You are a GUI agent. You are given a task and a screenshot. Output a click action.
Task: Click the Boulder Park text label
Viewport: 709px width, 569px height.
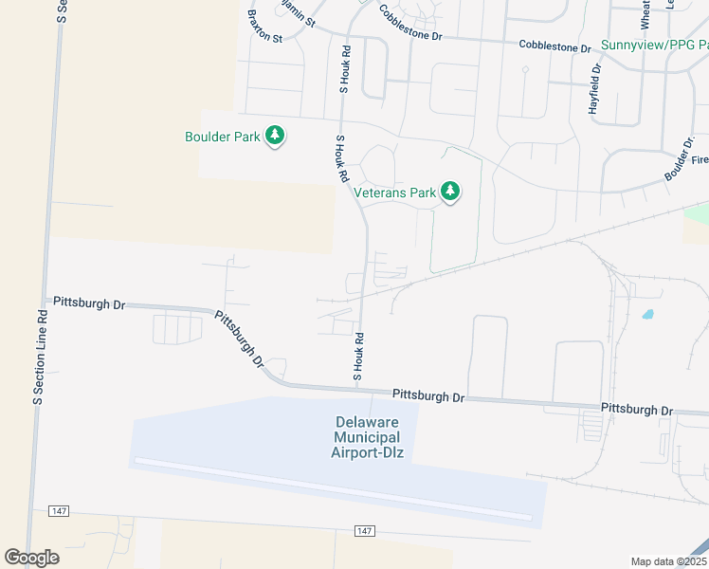click(222, 137)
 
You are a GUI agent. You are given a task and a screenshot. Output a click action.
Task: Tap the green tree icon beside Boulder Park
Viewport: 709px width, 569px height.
click(275, 137)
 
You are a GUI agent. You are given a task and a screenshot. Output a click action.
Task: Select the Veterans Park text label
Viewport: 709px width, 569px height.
click(394, 193)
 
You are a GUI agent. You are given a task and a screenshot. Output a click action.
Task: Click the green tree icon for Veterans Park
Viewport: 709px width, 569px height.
click(451, 193)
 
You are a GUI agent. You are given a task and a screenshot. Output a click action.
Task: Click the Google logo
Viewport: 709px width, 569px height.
click(31, 558)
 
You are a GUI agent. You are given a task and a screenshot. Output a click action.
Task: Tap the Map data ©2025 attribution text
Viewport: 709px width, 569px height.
click(668, 561)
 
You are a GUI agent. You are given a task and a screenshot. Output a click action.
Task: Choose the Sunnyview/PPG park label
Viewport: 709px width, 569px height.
click(653, 46)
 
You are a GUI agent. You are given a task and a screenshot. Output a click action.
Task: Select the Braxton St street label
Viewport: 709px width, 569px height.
click(264, 28)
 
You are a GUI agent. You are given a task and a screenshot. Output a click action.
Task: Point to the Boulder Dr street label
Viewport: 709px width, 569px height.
click(679, 159)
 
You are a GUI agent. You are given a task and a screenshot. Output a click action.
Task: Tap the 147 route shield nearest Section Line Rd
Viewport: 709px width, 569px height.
click(59, 512)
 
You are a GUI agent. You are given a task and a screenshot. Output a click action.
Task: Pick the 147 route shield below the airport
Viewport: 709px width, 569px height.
click(366, 530)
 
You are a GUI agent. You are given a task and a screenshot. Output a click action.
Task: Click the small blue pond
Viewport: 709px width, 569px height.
click(647, 314)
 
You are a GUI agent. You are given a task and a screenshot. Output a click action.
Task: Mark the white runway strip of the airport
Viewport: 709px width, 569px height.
click(333, 488)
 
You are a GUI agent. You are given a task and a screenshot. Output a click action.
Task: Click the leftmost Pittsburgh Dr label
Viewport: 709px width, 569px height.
click(89, 303)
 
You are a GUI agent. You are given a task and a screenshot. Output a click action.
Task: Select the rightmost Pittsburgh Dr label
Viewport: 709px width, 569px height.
click(637, 410)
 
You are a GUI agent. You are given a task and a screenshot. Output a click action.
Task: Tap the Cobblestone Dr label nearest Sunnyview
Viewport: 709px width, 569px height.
click(555, 46)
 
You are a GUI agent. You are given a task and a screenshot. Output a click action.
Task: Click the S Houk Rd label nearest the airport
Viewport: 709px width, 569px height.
click(359, 356)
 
